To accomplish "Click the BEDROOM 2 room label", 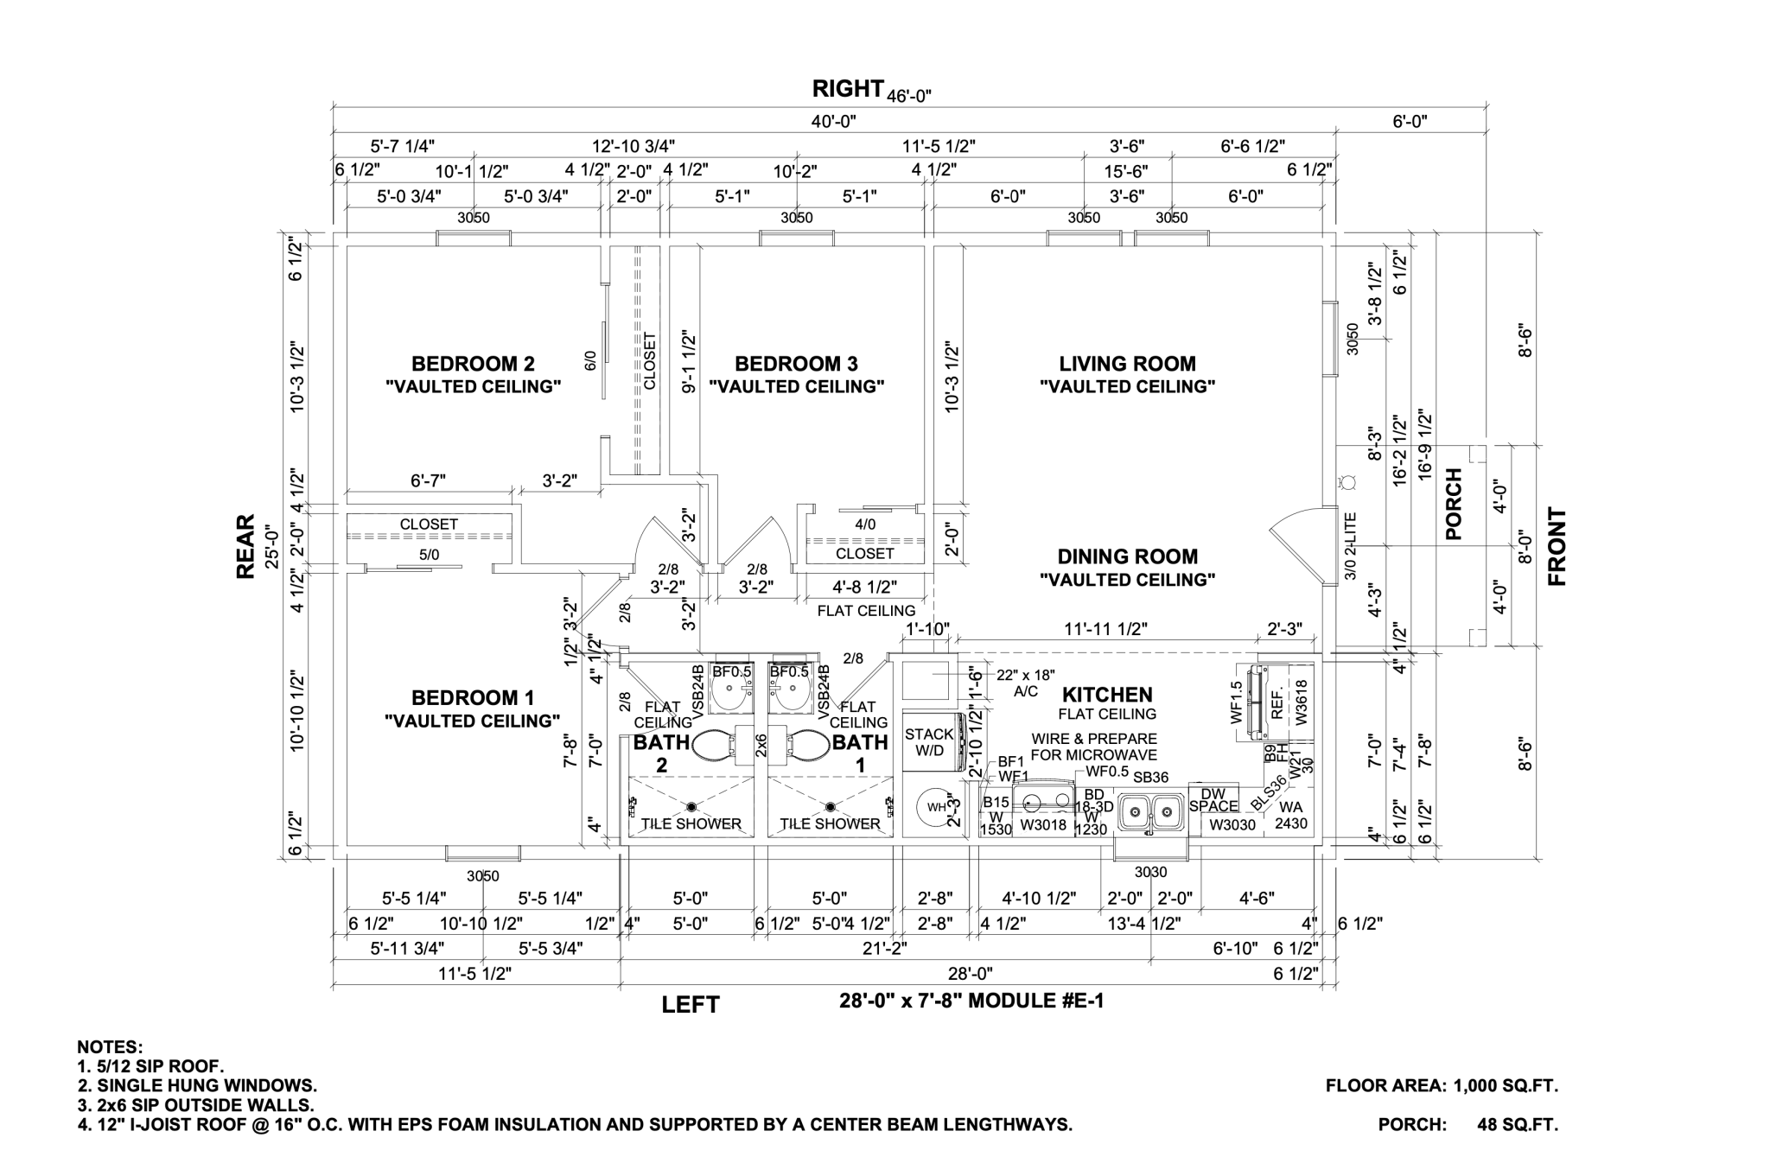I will point(473,364).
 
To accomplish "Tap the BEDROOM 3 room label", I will point(796,364).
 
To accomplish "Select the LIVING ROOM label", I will point(1127,364).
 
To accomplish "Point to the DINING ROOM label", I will point(1127,557).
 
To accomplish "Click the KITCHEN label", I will point(1107,695).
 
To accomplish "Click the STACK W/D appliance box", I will point(930,742).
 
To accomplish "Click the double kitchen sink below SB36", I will point(1150,811).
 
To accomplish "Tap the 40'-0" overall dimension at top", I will point(833,121).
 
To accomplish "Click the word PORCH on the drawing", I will point(1454,505).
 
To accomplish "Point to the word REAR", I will point(246,546).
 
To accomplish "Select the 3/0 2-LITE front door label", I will point(1352,546).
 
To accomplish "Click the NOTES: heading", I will point(110,1047).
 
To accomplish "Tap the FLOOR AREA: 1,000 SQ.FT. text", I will point(1442,1086).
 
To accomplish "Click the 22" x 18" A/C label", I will point(1026,683).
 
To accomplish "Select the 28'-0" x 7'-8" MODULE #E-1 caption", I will point(971,1001).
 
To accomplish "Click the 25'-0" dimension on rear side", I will point(272,546).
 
